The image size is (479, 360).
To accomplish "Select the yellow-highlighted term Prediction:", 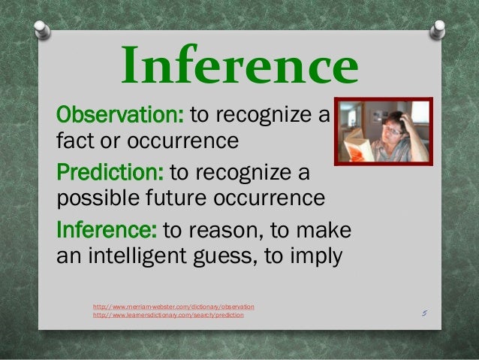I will tap(111, 174).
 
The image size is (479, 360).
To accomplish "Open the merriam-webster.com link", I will tap(173, 307).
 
